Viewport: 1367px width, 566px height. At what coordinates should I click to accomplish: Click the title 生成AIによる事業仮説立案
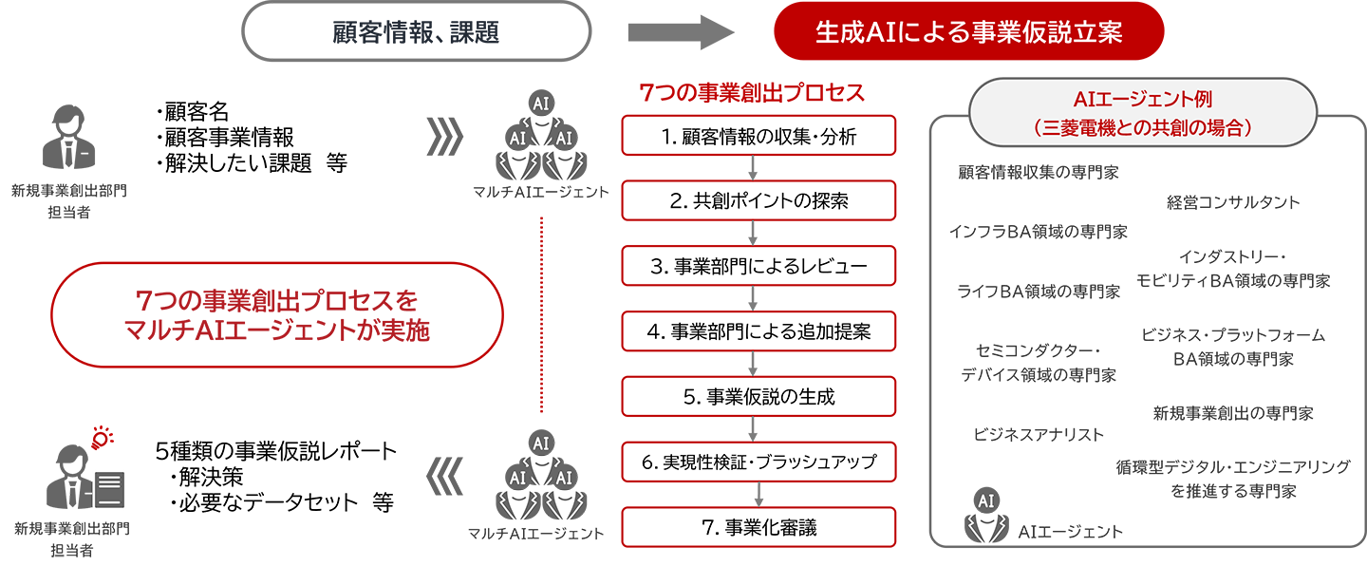pos(969,33)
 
